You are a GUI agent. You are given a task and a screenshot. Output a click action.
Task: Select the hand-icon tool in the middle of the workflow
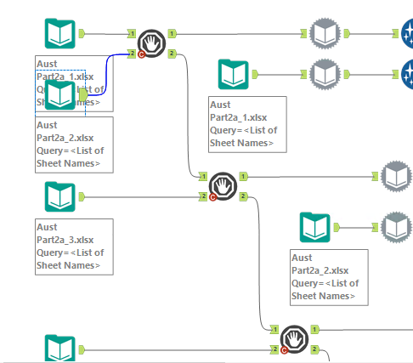click(x=223, y=184)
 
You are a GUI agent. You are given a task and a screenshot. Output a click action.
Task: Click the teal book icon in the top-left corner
click(x=59, y=34)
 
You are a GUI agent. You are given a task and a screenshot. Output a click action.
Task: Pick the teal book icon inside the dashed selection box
click(x=59, y=94)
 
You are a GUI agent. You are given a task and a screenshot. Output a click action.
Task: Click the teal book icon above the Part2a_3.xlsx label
click(x=59, y=197)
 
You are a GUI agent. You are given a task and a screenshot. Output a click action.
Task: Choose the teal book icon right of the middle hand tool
click(x=314, y=227)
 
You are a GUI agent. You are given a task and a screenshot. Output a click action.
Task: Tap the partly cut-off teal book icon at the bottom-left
click(x=59, y=349)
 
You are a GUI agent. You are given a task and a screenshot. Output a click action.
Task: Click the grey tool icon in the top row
click(x=325, y=34)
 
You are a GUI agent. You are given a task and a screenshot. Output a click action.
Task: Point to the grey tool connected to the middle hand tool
click(x=396, y=176)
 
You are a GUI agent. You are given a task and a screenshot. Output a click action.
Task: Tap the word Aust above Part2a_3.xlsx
click(x=47, y=227)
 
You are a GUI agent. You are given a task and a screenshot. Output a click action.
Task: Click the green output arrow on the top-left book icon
click(x=83, y=34)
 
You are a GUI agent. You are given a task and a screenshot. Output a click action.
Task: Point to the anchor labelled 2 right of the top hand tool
click(x=173, y=54)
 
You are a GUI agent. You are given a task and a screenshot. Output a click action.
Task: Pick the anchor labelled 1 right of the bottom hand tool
click(x=314, y=329)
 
